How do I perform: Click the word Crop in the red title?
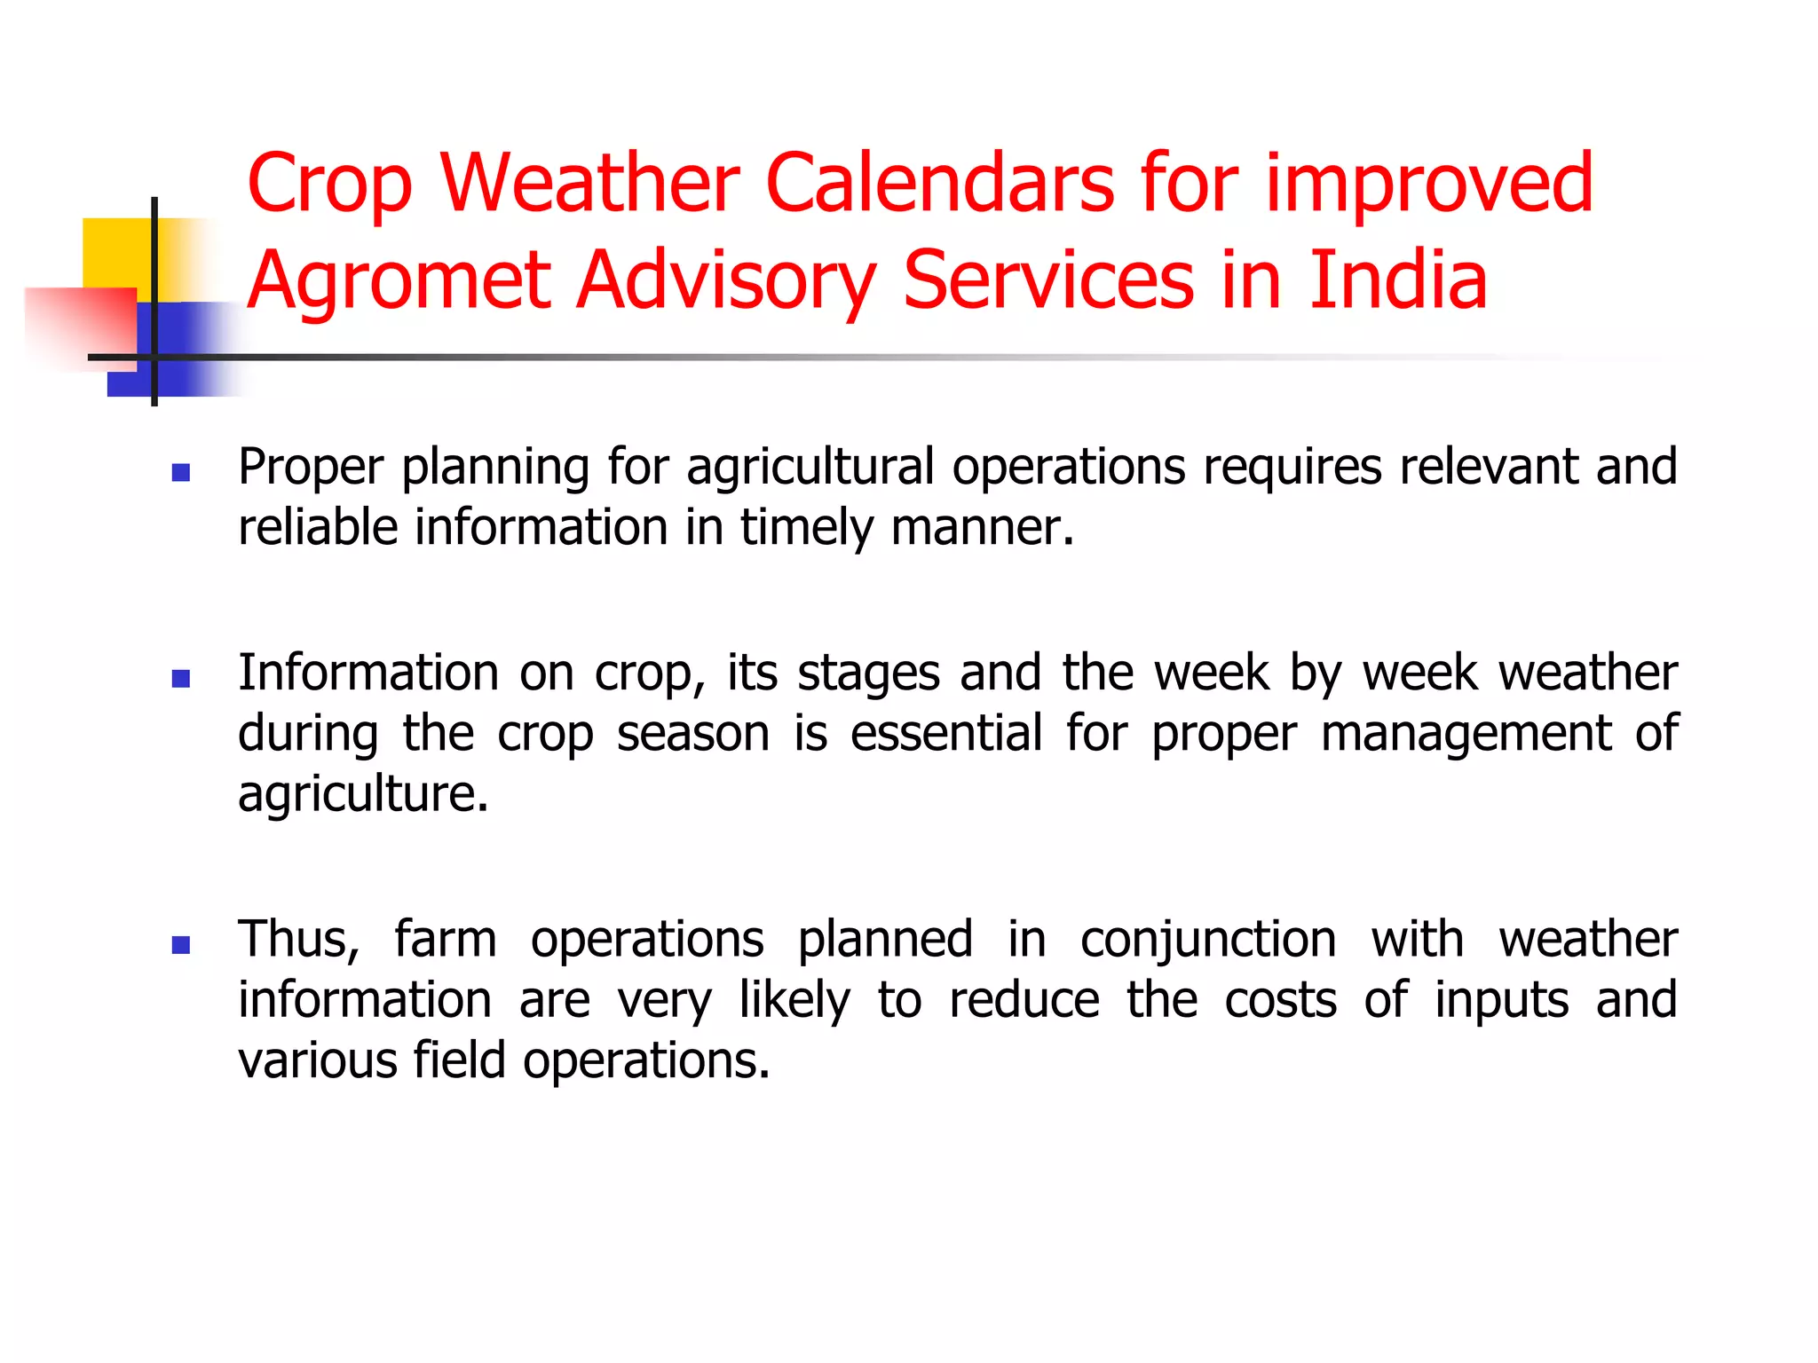329,185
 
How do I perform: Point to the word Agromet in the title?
400,282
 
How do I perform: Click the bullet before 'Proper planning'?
181,473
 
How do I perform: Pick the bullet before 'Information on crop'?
181,679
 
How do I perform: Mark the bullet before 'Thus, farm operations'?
181,945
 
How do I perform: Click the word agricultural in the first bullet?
810,467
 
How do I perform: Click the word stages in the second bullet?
868,674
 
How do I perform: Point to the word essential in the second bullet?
945,733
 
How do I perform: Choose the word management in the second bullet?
1466,735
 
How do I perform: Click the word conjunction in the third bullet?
1207,941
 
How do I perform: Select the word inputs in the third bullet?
1501,1001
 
